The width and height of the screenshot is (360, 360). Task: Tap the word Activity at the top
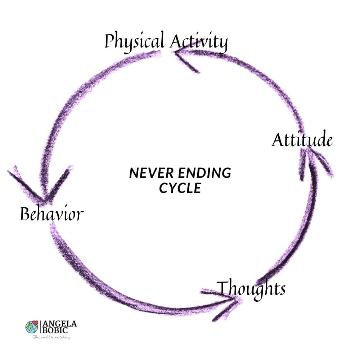[x=199, y=42]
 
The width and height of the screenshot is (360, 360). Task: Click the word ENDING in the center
[x=207, y=174]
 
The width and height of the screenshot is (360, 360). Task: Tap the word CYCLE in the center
[x=180, y=188]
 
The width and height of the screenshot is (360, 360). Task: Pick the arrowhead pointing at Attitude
[x=310, y=158]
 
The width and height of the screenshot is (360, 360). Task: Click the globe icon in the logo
[x=31, y=327]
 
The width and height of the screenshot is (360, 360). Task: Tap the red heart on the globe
[x=35, y=323]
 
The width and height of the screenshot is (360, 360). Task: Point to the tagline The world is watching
[x=51, y=337]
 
